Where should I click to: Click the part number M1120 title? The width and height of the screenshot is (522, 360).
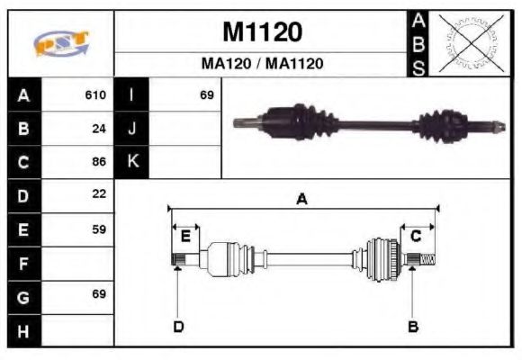[262, 32]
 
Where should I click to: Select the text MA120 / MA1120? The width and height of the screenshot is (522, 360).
[262, 64]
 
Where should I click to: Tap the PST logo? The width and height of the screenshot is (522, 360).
[61, 43]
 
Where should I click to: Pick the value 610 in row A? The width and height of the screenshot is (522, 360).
[95, 94]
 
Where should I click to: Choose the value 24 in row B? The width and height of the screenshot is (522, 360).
[99, 128]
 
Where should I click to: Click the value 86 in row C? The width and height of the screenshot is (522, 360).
[99, 162]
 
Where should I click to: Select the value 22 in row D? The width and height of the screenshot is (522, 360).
[99, 194]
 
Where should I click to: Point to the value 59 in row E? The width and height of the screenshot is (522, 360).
[99, 229]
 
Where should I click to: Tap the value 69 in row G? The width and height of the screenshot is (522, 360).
[99, 294]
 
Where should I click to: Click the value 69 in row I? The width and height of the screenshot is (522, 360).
[207, 94]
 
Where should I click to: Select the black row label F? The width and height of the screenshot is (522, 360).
[23, 264]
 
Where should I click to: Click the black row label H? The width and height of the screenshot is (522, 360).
[23, 330]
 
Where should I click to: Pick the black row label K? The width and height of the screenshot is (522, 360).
[132, 162]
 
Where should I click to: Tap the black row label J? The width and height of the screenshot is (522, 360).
[132, 128]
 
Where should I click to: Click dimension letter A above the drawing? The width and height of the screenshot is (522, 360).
[302, 200]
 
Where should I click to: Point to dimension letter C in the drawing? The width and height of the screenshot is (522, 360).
[416, 236]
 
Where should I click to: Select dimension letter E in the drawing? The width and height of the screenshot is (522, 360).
[185, 237]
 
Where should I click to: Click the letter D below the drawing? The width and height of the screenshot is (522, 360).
[178, 327]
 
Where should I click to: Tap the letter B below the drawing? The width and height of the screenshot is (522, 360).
[413, 327]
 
